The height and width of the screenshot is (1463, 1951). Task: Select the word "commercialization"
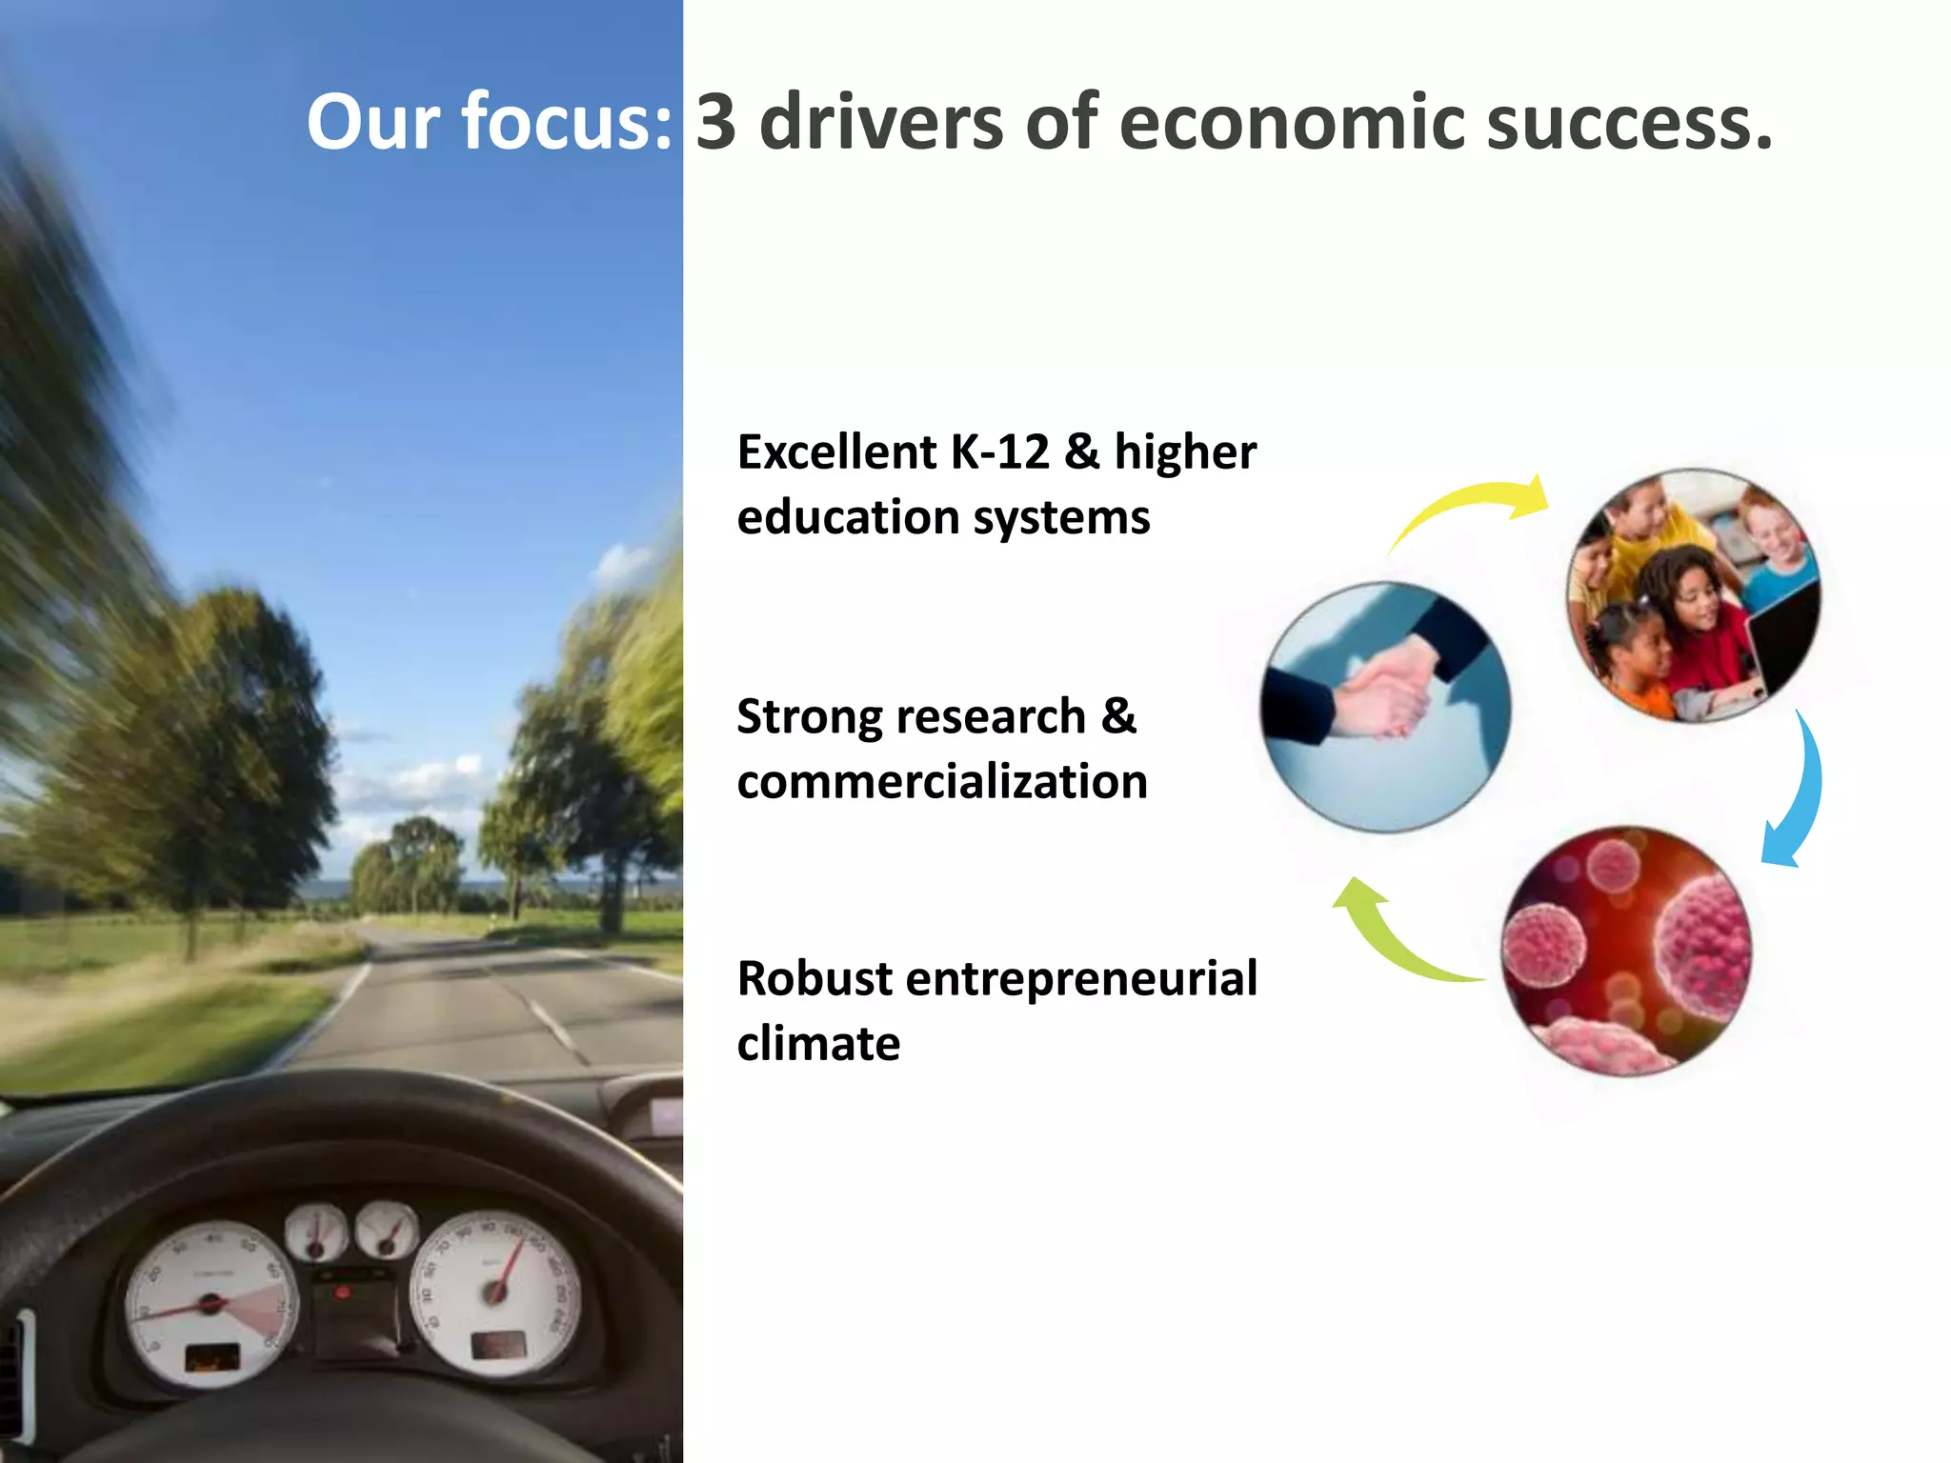click(942, 782)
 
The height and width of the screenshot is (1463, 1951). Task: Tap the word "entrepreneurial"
click(1081, 978)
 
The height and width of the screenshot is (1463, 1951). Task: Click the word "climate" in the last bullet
click(818, 1043)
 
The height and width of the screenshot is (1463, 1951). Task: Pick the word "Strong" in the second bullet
click(815, 716)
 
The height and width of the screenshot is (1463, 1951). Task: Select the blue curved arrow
click(1795, 791)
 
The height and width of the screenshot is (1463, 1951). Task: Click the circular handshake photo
click(1386, 707)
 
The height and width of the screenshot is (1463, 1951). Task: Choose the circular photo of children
click(1693, 595)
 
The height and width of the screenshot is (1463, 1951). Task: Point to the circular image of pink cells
click(1626, 951)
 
